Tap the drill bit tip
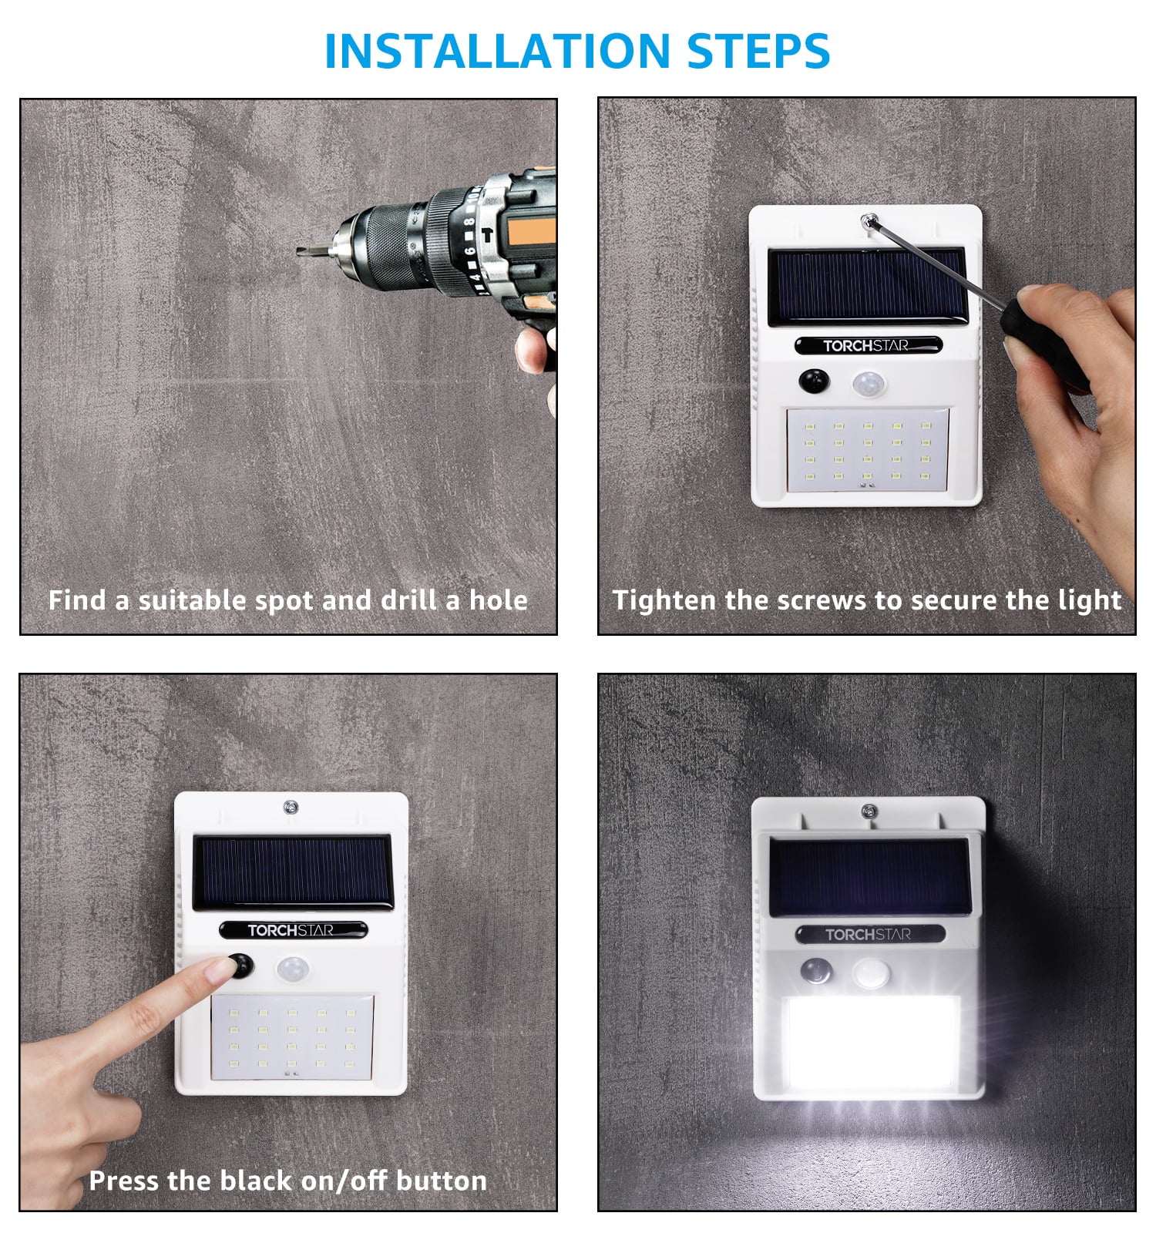point(301,250)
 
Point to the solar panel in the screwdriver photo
point(867,284)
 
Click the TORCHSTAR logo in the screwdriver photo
point(867,345)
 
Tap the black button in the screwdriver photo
point(814,381)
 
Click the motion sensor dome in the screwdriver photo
point(869,382)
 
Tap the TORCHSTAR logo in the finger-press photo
point(291,930)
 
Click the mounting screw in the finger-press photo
point(291,808)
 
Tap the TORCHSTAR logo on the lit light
point(869,935)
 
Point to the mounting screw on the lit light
point(869,811)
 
